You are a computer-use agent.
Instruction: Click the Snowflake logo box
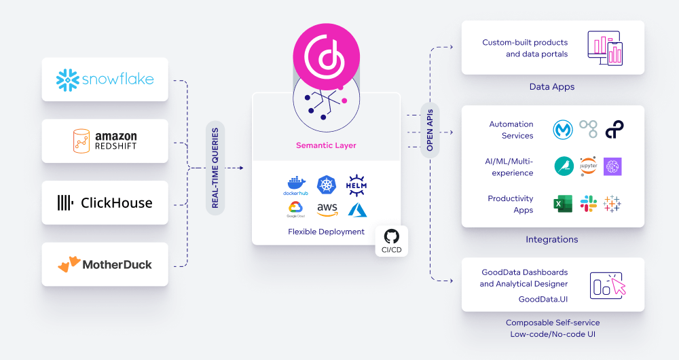point(105,79)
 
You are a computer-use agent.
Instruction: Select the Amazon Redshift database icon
point(82,141)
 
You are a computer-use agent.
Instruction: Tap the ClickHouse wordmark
point(116,202)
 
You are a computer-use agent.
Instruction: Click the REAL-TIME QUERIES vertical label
point(215,168)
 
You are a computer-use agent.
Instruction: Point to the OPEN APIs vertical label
point(429,129)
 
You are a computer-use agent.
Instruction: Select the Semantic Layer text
point(326,145)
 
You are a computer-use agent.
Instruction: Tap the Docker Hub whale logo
point(295,185)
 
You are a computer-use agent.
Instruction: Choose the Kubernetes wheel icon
point(327,185)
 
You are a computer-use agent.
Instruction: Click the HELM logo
point(357,185)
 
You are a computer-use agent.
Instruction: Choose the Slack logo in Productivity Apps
point(588,204)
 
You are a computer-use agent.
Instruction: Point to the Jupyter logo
point(588,166)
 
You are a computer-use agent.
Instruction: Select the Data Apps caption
point(552,87)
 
